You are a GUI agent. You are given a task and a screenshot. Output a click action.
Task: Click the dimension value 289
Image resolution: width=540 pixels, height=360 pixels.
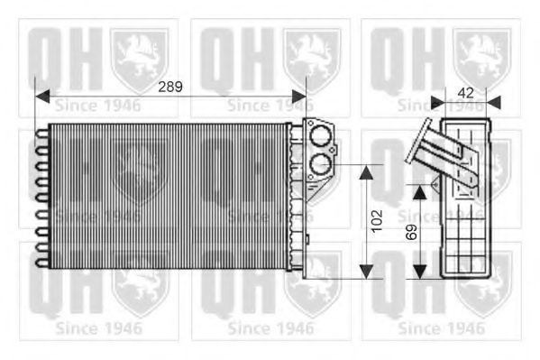[x=169, y=88]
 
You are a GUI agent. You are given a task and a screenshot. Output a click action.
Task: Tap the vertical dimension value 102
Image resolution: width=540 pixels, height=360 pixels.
[x=377, y=219]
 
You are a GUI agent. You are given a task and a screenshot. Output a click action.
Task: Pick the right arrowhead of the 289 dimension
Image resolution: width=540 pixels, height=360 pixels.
[x=299, y=93]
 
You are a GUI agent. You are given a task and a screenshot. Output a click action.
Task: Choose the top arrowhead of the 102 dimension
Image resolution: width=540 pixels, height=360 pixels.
[x=366, y=170]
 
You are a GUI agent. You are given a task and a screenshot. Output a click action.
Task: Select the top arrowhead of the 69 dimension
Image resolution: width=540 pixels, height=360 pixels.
[x=420, y=190]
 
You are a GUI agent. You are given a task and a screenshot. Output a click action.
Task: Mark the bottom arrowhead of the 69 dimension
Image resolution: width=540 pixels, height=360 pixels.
[x=420, y=272]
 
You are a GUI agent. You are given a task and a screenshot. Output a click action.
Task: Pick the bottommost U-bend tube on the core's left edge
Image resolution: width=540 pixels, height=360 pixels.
[x=41, y=262]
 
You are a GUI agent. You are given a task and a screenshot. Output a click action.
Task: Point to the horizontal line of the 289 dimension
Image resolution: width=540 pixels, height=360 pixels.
[x=108, y=93]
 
